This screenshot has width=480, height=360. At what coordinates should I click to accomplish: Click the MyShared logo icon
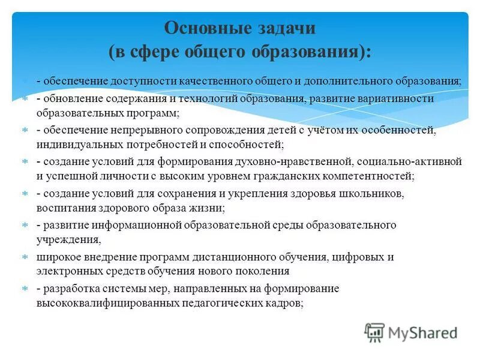point(374,332)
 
